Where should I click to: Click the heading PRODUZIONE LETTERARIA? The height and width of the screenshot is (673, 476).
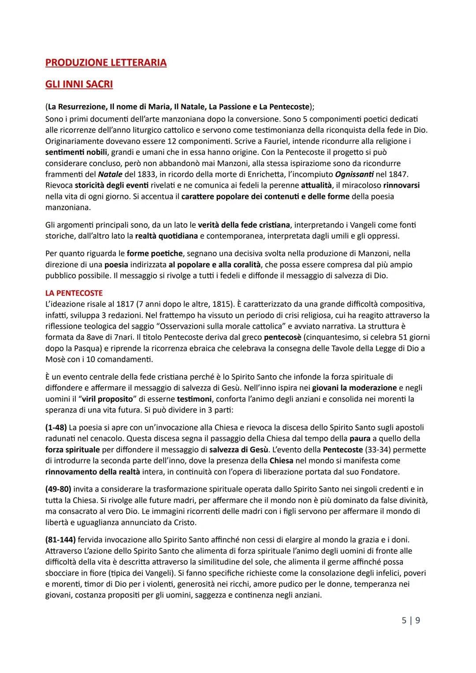(106, 63)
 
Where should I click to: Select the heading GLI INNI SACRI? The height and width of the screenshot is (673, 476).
(79, 84)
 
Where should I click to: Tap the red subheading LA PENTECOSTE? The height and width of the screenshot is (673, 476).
(74, 293)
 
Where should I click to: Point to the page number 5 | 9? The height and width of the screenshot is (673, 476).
(411, 620)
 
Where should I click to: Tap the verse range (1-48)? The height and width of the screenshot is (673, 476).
(56, 427)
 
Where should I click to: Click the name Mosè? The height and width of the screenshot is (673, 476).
(56, 359)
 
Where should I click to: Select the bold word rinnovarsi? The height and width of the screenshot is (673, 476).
(401, 185)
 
